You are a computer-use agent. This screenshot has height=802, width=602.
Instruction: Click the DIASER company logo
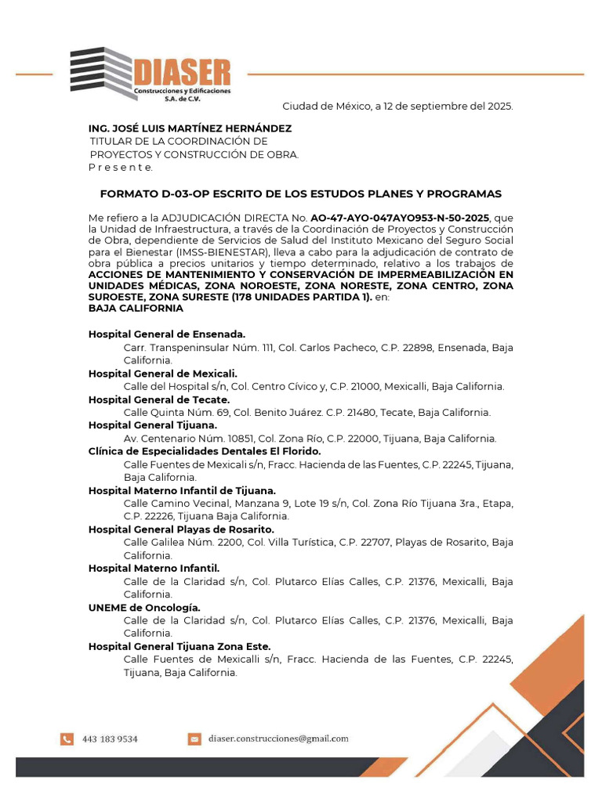click(150, 74)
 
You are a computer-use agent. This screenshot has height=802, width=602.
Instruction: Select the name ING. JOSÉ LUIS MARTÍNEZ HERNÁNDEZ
click(190, 128)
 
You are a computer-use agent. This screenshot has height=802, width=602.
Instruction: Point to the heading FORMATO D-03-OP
click(300, 193)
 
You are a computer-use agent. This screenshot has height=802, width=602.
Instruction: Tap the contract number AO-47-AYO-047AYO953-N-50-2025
click(400, 217)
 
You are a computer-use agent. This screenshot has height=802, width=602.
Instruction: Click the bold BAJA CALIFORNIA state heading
click(136, 308)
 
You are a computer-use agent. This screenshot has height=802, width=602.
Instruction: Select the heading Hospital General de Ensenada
click(167, 334)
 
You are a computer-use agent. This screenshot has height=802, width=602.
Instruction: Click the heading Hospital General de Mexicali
click(162, 374)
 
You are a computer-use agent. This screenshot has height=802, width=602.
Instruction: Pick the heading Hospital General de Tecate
click(159, 399)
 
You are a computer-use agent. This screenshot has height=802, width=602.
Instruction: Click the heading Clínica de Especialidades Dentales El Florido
click(205, 451)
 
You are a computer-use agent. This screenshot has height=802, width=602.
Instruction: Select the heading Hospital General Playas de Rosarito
click(181, 529)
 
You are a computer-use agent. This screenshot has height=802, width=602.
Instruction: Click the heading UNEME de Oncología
click(144, 607)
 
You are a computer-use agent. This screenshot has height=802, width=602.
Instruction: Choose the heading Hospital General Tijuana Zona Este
click(180, 646)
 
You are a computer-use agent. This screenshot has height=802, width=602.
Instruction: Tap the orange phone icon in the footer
click(67, 739)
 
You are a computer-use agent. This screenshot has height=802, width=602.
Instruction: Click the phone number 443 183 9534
click(110, 739)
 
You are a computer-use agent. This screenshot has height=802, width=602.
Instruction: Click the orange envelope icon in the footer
click(194, 739)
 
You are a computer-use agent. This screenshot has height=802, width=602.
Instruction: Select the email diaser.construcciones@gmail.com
click(278, 739)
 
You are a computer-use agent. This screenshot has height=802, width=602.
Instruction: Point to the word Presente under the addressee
click(121, 167)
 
